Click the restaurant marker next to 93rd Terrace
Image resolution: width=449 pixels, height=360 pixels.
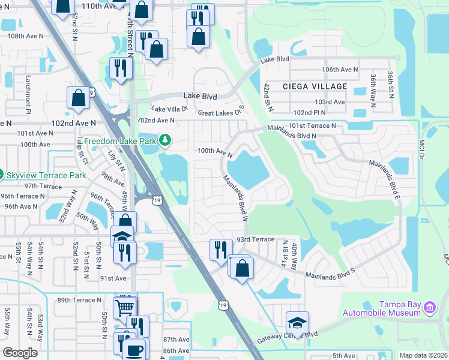221,248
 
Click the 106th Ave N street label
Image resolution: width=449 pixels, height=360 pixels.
339,70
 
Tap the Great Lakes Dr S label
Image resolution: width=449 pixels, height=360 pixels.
221,112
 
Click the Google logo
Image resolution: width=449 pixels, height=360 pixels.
20,353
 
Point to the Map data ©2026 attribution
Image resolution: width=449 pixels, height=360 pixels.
423,355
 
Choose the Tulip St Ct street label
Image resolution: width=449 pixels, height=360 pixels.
84,154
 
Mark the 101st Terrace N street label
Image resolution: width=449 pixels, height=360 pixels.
312,126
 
